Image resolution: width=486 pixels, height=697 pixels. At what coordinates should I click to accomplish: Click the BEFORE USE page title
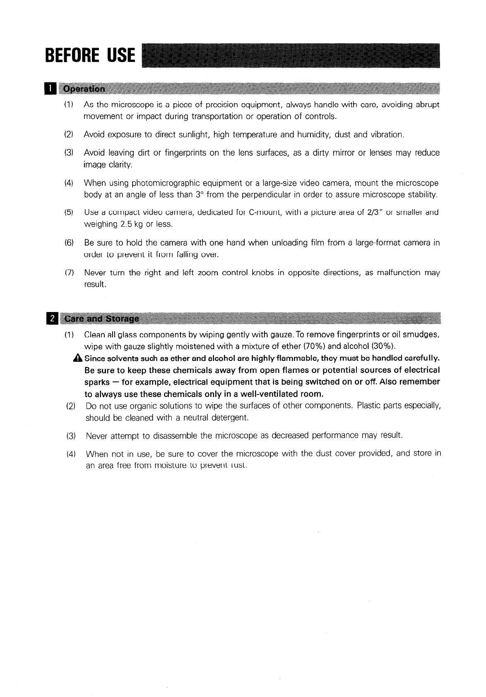(90, 55)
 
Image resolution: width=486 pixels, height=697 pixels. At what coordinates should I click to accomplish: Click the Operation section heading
(83, 89)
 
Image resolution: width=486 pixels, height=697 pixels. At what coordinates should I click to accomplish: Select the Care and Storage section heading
(99, 319)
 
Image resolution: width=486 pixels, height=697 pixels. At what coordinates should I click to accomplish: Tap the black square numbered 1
(50, 89)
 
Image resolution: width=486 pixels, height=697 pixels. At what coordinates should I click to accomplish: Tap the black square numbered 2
(51, 319)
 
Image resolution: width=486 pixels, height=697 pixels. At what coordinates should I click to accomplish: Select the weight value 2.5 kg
(131, 225)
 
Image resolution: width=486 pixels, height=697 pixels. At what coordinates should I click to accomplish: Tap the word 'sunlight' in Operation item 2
(194, 135)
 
